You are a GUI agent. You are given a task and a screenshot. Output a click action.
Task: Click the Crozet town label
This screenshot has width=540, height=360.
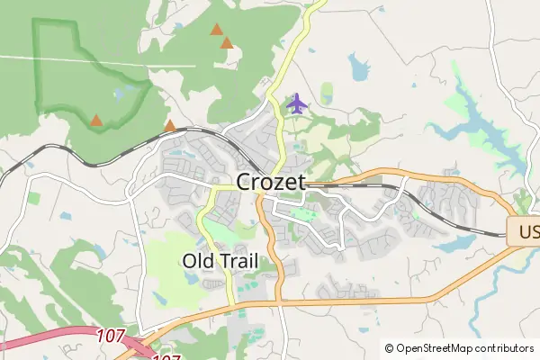pos(271,182)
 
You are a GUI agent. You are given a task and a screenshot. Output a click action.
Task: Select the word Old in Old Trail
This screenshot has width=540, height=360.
pos(197,261)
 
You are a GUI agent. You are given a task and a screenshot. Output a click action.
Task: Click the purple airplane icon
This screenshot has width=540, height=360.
pos(296,103)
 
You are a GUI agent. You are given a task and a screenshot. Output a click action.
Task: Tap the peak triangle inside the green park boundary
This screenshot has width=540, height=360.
pos(96,120)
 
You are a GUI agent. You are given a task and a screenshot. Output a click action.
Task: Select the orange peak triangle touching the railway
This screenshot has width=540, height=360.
pos(170,125)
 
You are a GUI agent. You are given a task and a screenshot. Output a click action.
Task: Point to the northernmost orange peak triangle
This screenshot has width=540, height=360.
pos(216,30)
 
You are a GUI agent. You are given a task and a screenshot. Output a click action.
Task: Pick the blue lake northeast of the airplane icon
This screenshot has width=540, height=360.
pos(359,67)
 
